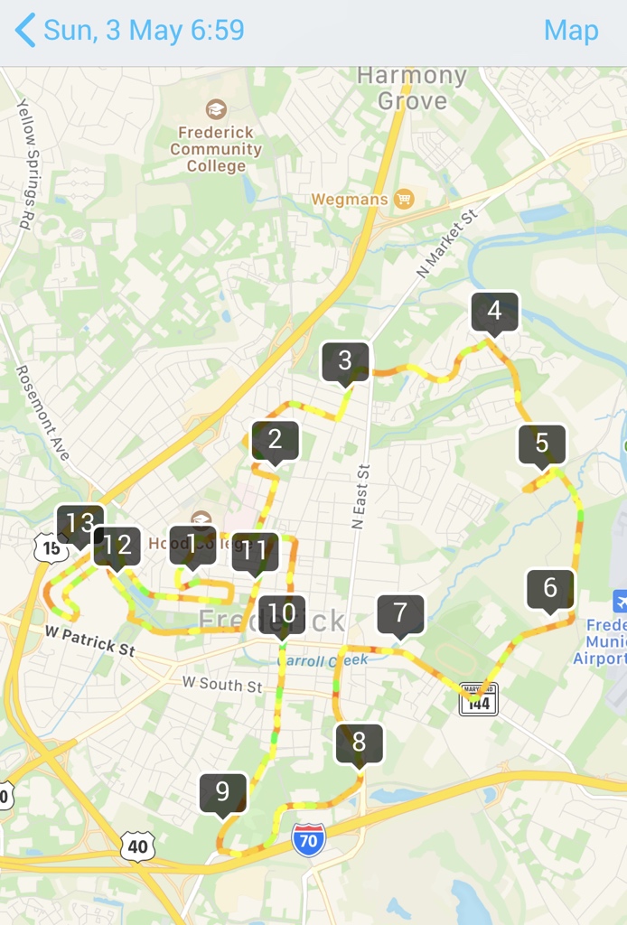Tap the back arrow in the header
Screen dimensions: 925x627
25,30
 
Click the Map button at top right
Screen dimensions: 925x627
571,30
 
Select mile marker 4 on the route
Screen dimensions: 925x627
494,312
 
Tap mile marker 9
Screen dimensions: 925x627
222,793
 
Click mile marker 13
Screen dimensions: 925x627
80,523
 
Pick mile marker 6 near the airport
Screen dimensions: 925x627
550,589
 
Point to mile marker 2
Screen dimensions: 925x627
275,440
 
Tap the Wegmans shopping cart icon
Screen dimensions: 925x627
404,199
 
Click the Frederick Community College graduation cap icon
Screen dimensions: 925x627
216,110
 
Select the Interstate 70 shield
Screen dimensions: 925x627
309,840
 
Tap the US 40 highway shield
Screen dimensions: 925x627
137,846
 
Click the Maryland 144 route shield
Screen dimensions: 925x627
478,698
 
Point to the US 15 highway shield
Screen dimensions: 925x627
49,547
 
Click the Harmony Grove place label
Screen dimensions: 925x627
412,89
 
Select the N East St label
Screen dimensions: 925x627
361,497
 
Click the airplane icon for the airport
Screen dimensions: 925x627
620,601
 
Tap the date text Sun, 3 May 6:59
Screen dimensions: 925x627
144,30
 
